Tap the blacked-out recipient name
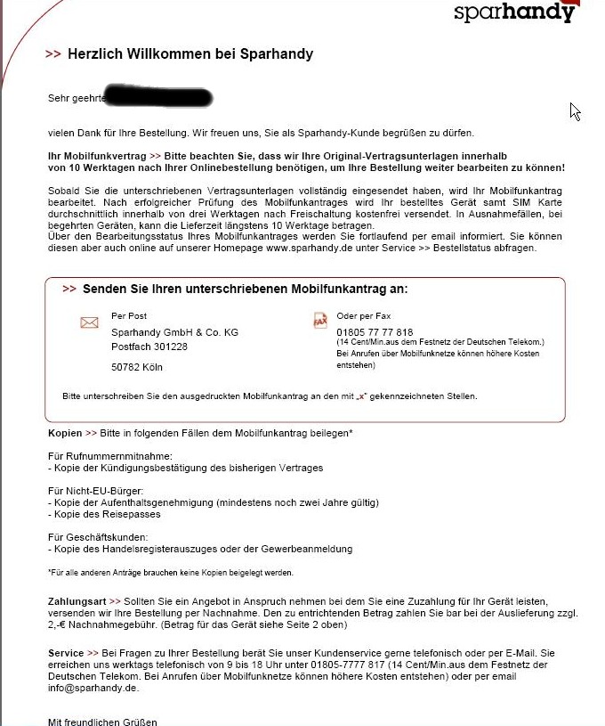pyautogui.click(x=157, y=94)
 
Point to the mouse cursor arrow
pyautogui.click(x=574, y=110)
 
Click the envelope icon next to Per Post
pyautogui.click(x=89, y=322)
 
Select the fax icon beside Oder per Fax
pyautogui.click(x=320, y=320)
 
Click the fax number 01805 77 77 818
pyautogui.click(x=375, y=332)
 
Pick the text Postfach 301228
pyautogui.click(x=149, y=347)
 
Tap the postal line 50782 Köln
pyautogui.click(x=136, y=367)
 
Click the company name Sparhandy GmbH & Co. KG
pyautogui.click(x=174, y=332)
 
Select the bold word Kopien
pyautogui.click(x=64, y=433)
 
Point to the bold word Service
pyautogui.click(x=66, y=654)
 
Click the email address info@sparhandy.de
pyautogui.click(x=93, y=689)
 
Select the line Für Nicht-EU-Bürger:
pyautogui.click(x=95, y=491)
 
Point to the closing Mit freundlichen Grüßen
pyautogui.click(x=102, y=722)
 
